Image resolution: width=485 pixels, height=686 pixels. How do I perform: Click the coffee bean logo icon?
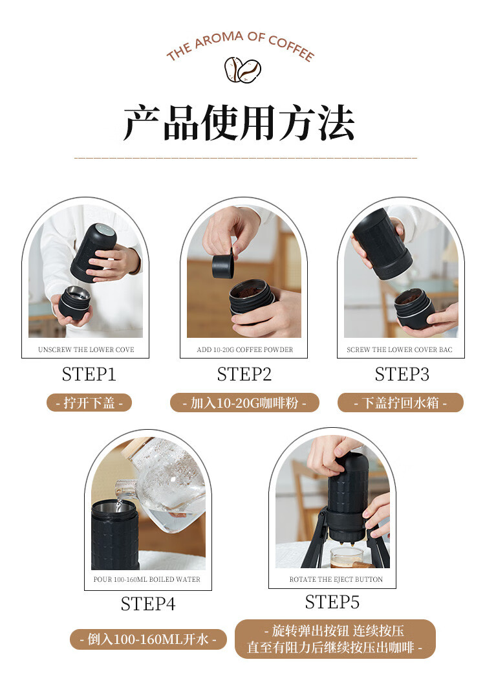click(x=242, y=70)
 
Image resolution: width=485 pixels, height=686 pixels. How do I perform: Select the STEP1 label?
click(x=89, y=374)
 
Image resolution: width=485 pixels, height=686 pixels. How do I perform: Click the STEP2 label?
click(x=244, y=374)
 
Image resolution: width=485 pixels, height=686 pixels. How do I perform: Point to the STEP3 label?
click(x=402, y=374)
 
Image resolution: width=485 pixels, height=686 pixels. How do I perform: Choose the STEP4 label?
click(x=148, y=604)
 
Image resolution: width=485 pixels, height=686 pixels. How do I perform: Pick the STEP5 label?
click(x=332, y=602)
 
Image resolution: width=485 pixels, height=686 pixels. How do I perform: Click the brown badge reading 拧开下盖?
click(x=89, y=403)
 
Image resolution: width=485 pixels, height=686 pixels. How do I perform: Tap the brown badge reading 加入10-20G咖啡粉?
click(x=244, y=403)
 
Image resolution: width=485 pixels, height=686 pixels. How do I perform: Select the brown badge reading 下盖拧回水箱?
click(x=400, y=403)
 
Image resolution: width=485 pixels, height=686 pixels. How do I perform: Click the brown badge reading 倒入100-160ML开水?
click(x=148, y=639)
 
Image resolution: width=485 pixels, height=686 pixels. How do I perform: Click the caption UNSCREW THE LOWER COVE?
click(x=86, y=349)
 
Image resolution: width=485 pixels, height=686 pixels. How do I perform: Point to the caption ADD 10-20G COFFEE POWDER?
click(x=244, y=349)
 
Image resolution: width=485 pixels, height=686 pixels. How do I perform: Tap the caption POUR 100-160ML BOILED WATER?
click(x=147, y=579)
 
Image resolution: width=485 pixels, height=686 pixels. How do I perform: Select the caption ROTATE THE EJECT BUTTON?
click(x=336, y=579)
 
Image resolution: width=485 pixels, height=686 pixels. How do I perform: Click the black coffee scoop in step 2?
click(x=223, y=264)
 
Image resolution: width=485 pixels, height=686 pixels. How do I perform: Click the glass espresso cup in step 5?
click(x=347, y=557)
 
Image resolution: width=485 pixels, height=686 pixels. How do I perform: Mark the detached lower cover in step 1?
click(x=74, y=303)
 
